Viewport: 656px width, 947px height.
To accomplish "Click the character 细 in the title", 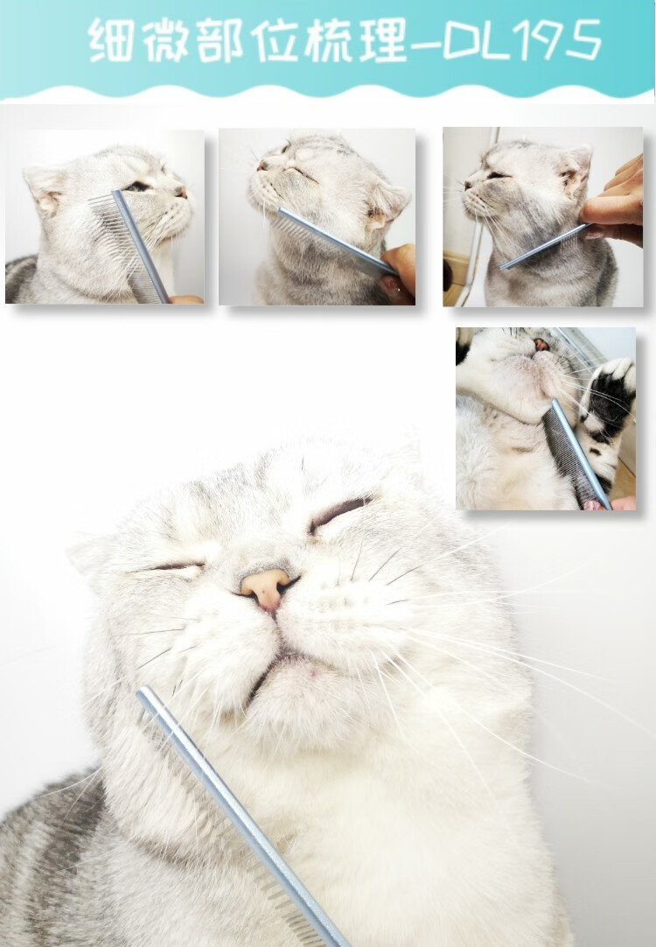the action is [x=110, y=40].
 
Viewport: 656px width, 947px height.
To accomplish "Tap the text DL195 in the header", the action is [x=523, y=40].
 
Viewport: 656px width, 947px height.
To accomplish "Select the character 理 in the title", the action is [x=383, y=40].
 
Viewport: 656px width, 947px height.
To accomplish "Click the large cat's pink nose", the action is [x=267, y=588].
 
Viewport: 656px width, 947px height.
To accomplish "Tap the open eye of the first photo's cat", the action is [x=136, y=186].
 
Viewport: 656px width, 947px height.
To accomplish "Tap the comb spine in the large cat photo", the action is [x=241, y=817].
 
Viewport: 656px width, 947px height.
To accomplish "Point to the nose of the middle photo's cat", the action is [x=262, y=164].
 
